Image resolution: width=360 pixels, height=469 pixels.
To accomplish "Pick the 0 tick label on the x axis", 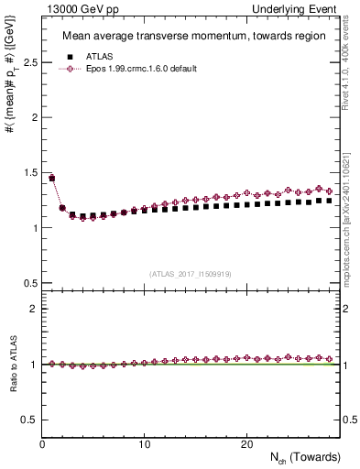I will pyautogui.click(x=42, y=444).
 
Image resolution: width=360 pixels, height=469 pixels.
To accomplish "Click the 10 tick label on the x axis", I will pyautogui.click(x=144, y=444).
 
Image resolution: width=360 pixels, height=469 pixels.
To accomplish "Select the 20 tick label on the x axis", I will pyautogui.click(x=245, y=444).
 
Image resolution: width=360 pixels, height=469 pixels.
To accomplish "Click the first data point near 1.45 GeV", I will pyautogui.click(x=52, y=178).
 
